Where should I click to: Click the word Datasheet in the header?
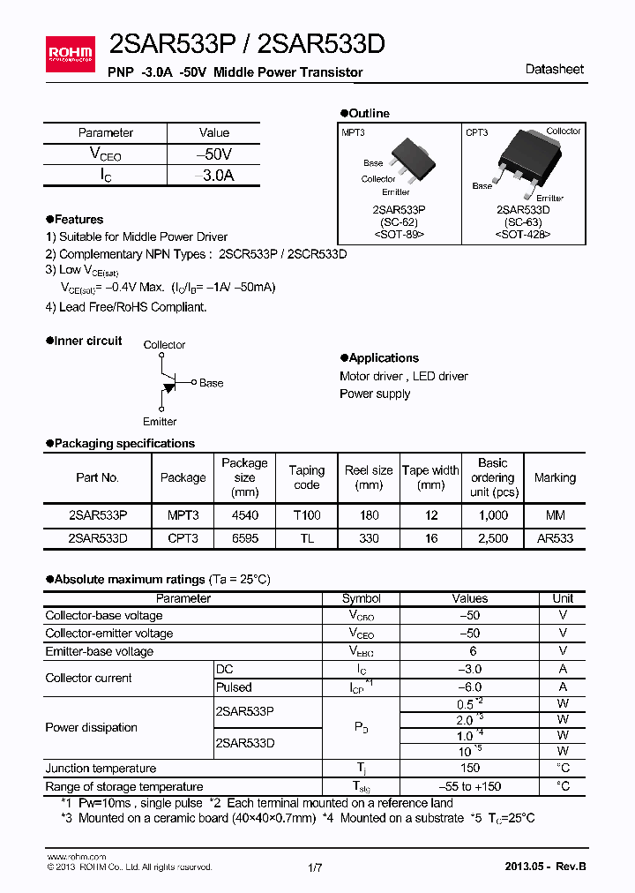(x=554, y=70)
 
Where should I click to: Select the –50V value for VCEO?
(x=214, y=154)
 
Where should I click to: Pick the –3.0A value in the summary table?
(x=214, y=176)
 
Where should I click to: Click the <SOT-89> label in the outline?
(x=399, y=235)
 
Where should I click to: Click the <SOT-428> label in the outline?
(x=522, y=235)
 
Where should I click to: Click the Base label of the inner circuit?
(x=211, y=383)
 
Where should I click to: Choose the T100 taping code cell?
(x=306, y=515)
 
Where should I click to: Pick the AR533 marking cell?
(x=555, y=537)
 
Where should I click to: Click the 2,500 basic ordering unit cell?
(x=492, y=537)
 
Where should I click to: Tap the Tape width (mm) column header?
(x=430, y=477)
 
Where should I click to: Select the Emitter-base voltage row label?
(x=100, y=652)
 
